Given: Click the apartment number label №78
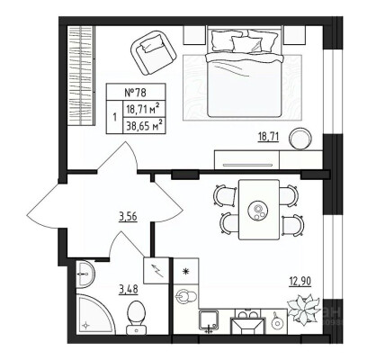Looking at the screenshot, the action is point(136,92).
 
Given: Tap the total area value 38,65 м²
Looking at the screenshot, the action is point(145,125).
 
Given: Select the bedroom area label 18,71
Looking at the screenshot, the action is point(269,137).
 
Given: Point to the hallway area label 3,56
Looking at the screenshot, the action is point(128,216).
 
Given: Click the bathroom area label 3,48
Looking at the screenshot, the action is point(129,290).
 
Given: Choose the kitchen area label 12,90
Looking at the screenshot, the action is point(300,281).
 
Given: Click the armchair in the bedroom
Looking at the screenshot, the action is point(153,53).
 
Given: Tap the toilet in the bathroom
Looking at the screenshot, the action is point(136,318).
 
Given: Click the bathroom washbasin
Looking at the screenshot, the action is point(85,274).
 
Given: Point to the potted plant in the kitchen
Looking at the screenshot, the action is point(303,309).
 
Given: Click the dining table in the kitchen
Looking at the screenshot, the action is point(259,210).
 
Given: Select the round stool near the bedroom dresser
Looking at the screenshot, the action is point(300,139).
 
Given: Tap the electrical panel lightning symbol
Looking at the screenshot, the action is point(156,271).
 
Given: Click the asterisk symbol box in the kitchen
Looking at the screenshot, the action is point(187,271).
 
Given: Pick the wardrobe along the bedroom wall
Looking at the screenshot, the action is point(81,76).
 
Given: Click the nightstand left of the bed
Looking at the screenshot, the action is point(194,35).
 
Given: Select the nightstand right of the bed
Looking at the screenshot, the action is point(294,35).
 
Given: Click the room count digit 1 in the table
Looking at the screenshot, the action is point(115,117).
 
